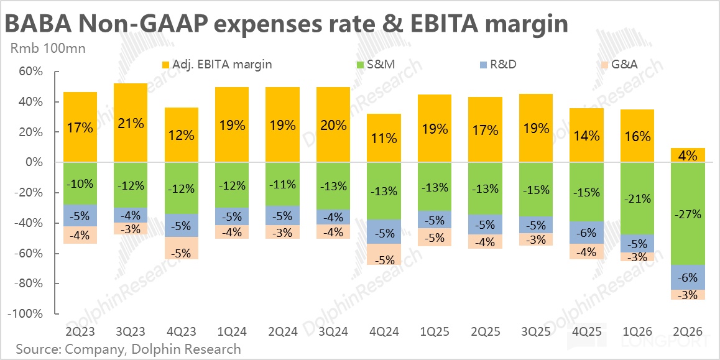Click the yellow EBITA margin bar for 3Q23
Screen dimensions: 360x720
pyautogui.click(x=131, y=122)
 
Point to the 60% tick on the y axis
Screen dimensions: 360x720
pyautogui.click(x=29, y=72)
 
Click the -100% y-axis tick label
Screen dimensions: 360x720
pyautogui.click(x=25, y=314)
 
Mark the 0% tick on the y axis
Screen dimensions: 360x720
pyautogui.click(x=32, y=162)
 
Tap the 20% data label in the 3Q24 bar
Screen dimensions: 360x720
pyautogui.click(x=333, y=125)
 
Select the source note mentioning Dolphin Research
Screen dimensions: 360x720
pyautogui.click(x=128, y=349)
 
